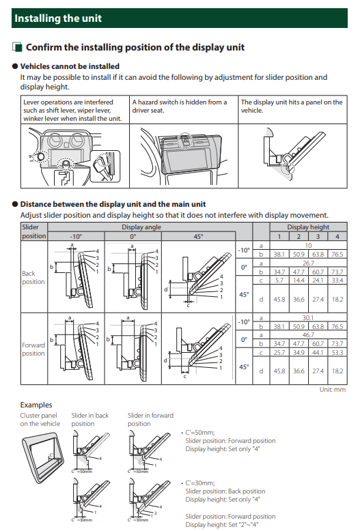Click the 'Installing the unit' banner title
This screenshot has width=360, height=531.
coord(58,18)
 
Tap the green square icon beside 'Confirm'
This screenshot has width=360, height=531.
coord(17,47)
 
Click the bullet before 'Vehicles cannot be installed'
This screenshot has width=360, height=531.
coord(15,66)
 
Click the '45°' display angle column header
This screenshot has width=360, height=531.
coord(198,236)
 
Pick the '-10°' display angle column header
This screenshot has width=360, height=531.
coord(76,236)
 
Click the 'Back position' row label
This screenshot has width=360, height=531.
coord(33,277)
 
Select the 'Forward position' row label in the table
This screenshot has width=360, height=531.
coord(33,349)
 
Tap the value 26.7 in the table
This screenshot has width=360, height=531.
coord(308,263)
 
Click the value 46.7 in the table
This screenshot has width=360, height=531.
coord(308,334)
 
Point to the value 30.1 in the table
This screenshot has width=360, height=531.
coord(308,317)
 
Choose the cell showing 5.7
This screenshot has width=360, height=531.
coord(279,281)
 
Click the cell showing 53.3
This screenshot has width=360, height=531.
coord(337,353)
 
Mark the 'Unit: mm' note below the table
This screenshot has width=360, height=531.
coord(333,390)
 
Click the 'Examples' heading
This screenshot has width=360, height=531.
coord(36,405)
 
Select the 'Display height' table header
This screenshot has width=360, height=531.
coord(308,227)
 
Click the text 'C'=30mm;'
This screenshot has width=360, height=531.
coord(200,483)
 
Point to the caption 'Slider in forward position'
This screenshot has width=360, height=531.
coord(150,419)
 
